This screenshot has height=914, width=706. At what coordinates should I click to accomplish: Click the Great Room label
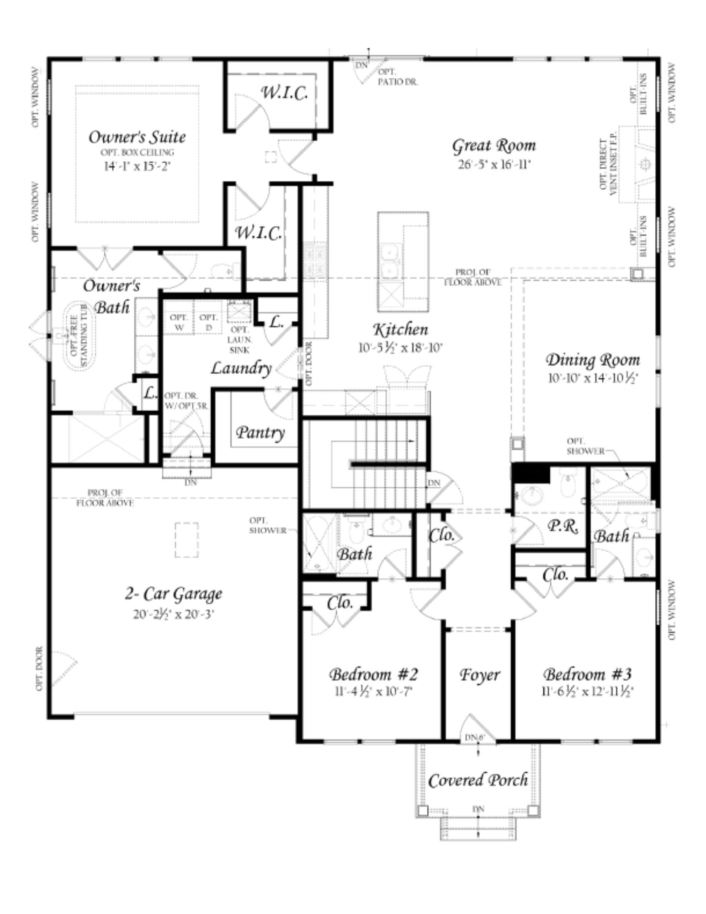pos(494,145)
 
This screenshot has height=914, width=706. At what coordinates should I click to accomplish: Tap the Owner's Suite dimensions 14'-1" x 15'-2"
pos(137,165)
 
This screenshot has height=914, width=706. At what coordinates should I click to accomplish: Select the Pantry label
pos(260,432)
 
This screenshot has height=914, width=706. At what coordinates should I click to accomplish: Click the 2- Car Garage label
pos(174,594)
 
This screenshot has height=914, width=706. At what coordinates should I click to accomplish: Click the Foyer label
pos(479,675)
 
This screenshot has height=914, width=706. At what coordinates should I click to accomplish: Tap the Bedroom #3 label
pos(588,674)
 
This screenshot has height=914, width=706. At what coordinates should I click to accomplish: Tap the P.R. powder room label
pos(563,526)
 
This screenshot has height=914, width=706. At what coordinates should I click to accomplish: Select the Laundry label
pos(241,368)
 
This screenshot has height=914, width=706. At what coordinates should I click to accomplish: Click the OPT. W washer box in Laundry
pos(179,322)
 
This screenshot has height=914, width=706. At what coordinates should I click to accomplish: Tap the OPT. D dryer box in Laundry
pos(208,322)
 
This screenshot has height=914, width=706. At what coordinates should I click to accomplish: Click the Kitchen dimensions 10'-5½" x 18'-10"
pos(400,348)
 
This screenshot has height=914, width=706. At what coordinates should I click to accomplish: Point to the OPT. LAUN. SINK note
pos(239,340)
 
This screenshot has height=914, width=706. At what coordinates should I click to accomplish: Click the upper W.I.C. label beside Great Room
pos(284,93)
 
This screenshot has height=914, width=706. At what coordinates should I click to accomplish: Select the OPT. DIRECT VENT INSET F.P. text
pos(608,165)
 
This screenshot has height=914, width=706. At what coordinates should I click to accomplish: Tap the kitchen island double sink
pos(390,261)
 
